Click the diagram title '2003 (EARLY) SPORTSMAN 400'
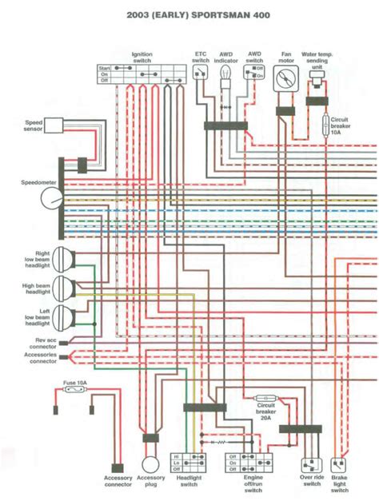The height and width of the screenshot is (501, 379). click(x=189, y=15)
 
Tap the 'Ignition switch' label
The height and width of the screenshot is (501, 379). click(x=142, y=58)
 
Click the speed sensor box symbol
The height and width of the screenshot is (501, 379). click(x=54, y=125)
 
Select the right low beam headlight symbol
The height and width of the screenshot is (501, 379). click(x=64, y=261)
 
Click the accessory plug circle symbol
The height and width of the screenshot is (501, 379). click(x=150, y=464)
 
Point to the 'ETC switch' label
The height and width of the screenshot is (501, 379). click(x=201, y=58)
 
